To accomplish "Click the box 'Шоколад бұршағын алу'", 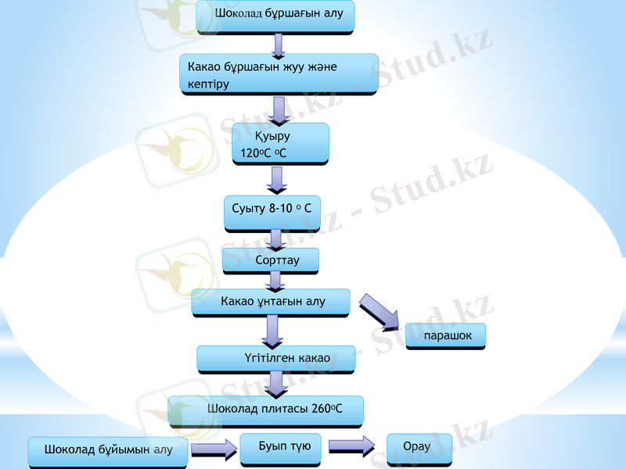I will (275, 15).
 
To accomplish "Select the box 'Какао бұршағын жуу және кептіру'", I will (279, 74).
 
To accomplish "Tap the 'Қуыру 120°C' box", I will (280, 143).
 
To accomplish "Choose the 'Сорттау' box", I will (270, 260).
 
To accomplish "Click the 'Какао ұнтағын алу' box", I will (271, 302).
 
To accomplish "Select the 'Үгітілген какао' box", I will (275, 358).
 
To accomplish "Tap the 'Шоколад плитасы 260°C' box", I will (265, 410).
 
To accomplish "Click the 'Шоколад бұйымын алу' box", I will (108, 450).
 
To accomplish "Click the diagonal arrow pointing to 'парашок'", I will (381, 310).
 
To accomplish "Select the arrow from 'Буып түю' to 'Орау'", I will (351, 446).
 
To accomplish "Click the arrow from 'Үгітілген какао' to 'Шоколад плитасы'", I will (275, 383).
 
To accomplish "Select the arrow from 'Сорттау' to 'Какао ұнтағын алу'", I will (275, 281).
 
